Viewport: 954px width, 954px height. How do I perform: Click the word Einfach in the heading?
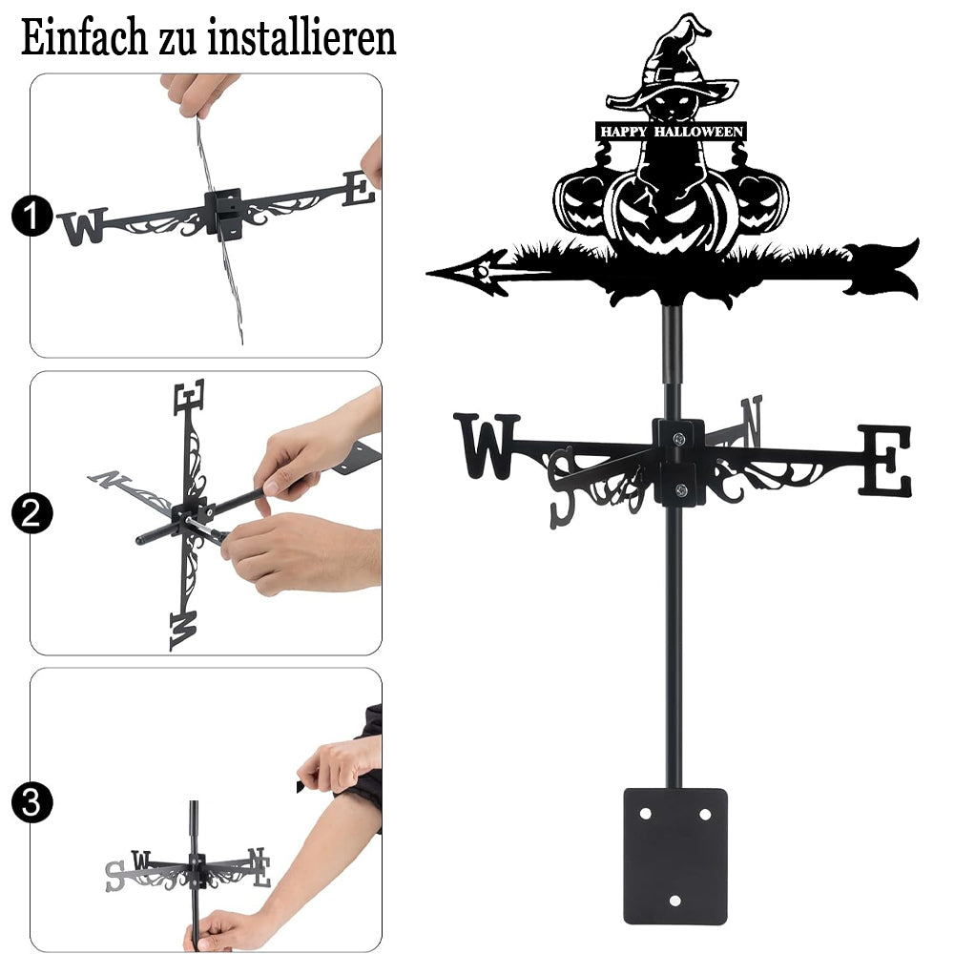tap(84, 38)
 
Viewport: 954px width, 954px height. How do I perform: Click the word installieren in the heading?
tap(301, 38)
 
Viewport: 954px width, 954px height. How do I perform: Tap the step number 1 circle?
tap(31, 216)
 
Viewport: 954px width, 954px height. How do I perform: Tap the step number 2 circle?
tap(31, 513)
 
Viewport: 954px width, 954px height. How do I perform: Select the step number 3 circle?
tap(31, 802)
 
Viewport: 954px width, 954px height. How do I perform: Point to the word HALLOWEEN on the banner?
tap(698, 132)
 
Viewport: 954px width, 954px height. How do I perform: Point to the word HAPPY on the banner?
tap(624, 132)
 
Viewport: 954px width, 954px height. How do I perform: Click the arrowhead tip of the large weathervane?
tap(428, 273)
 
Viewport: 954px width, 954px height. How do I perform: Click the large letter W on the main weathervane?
tap(487, 446)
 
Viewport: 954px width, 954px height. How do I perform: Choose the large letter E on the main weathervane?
tap(885, 460)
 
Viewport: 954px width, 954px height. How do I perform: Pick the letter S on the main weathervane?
tap(562, 487)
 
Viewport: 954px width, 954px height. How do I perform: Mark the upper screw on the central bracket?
tap(679, 438)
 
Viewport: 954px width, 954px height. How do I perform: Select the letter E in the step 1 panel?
tap(359, 188)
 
